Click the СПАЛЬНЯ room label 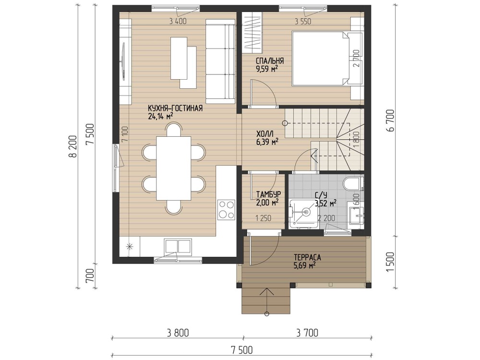point(270,60)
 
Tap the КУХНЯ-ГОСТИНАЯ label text point(175,108)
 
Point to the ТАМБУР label point(268,195)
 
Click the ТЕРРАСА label point(307,257)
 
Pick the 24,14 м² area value point(160,116)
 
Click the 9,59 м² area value point(267,68)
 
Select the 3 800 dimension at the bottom point(178,333)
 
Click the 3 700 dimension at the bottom point(307,333)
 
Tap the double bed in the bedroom point(320,58)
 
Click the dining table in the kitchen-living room point(174,168)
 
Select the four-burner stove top point(226,209)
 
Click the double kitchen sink point(177,246)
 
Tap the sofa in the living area point(220,61)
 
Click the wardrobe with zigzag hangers point(252,32)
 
